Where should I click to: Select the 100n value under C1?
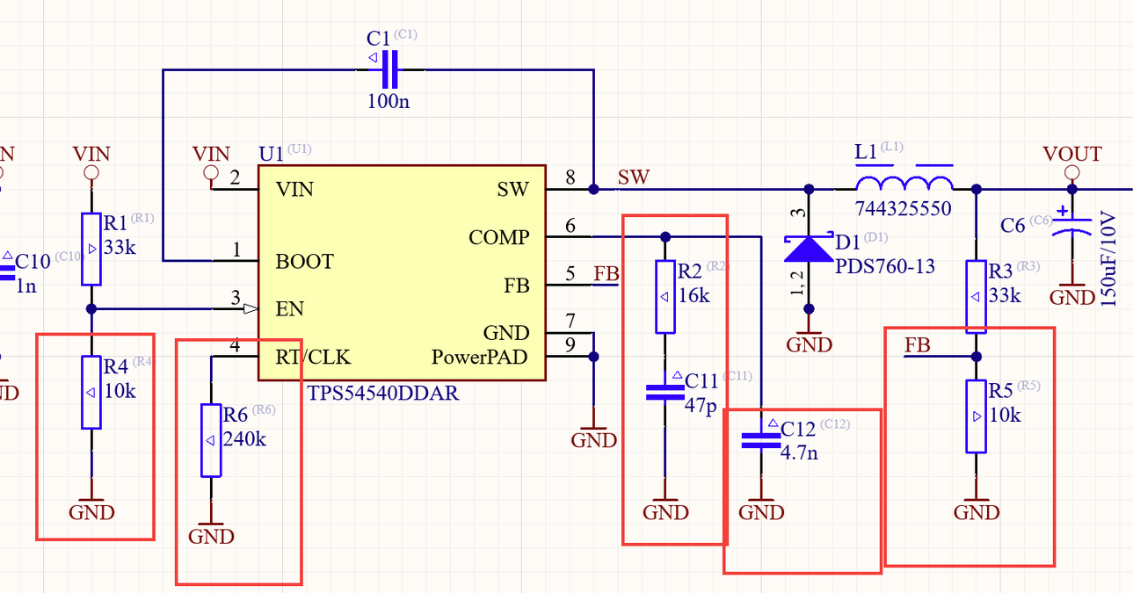pyautogui.click(x=388, y=101)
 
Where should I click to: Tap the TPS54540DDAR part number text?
pyautogui.click(x=382, y=394)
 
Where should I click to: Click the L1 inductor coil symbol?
pyautogui.click(x=904, y=184)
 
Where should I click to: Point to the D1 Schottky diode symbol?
pyautogui.click(x=809, y=249)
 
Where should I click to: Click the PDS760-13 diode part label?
pyautogui.click(x=885, y=266)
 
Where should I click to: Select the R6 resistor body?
pyautogui.click(x=211, y=439)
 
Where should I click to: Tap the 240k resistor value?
pyautogui.click(x=244, y=438)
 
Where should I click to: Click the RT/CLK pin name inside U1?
pyautogui.click(x=313, y=357)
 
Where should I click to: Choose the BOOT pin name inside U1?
pyautogui.click(x=304, y=262)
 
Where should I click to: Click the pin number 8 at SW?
pyautogui.click(x=570, y=178)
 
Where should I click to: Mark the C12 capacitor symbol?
pyautogui.click(x=760, y=440)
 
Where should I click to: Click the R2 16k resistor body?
pyautogui.click(x=665, y=296)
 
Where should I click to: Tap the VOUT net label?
pyautogui.click(x=1071, y=155)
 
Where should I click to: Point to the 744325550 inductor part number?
pyautogui.click(x=904, y=211)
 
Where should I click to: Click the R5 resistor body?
pyautogui.click(x=976, y=416)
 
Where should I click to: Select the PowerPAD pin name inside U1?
pyautogui.click(x=480, y=358)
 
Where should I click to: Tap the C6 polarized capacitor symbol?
pyautogui.click(x=1071, y=224)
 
